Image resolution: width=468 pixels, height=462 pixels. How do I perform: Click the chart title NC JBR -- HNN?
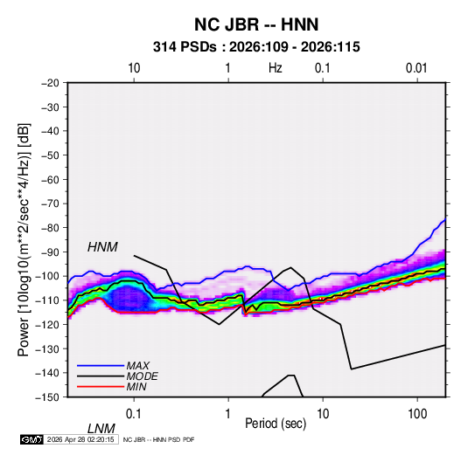pyautogui.click(x=256, y=24)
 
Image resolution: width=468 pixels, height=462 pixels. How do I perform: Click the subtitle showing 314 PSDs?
pyautogui.click(x=256, y=47)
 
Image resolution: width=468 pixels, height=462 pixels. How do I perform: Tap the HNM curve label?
pyautogui.click(x=102, y=247)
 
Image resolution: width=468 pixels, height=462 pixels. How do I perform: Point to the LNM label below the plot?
pyautogui.click(x=101, y=429)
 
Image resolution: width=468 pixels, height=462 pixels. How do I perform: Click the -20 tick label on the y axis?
pyautogui.click(x=50, y=83)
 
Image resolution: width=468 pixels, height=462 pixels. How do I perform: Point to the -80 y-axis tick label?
pyautogui.click(x=50, y=228)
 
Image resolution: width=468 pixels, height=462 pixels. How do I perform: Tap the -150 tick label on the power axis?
pyautogui.click(x=47, y=397)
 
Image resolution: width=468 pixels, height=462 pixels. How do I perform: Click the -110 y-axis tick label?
pyautogui.click(x=47, y=300)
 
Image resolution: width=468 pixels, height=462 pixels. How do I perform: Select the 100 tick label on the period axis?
pyautogui.click(x=417, y=414)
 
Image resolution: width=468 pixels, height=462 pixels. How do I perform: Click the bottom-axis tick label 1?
pyautogui.click(x=228, y=414)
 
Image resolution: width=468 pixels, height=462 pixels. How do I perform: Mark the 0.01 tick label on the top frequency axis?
pyautogui.click(x=416, y=68)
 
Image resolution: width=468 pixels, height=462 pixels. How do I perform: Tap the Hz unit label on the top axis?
pyautogui.click(x=276, y=68)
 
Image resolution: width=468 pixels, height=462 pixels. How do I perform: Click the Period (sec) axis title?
pyautogui.click(x=276, y=424)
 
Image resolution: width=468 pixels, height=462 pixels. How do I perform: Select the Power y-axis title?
pyautogui.click(x=24, y=240)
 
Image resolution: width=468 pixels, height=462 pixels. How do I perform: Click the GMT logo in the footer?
pyautogui.click(x=32, y=439)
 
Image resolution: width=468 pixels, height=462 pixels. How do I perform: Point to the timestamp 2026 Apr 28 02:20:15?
pyautogui.click(x=80, y=439)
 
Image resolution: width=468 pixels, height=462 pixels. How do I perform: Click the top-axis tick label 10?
pyautogui.click(x=134, y=68)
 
